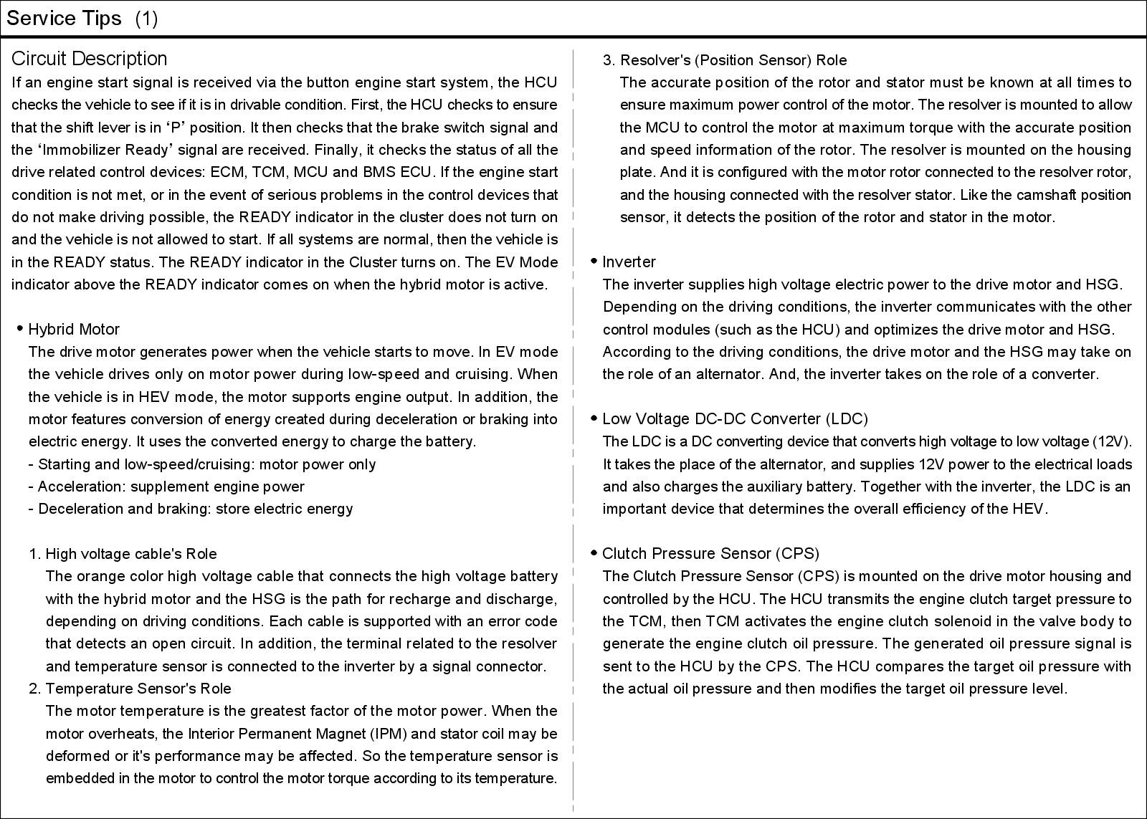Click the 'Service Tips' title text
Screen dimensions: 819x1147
pos(64,19)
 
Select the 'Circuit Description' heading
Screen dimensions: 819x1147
pos(90,59)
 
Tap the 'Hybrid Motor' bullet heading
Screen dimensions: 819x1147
pos(74,330)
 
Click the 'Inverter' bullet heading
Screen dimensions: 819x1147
pos(629,262)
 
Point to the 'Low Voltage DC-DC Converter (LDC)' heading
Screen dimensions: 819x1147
pos(735,419)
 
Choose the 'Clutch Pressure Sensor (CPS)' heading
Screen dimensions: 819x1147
pos(710,554)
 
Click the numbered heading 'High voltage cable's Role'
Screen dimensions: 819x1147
pos(130,554)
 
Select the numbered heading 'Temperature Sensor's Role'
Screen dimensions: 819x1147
pos(138,689)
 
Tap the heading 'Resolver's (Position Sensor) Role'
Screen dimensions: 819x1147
pos(733,60)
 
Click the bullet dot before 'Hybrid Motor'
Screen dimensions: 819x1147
pos(20,329)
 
